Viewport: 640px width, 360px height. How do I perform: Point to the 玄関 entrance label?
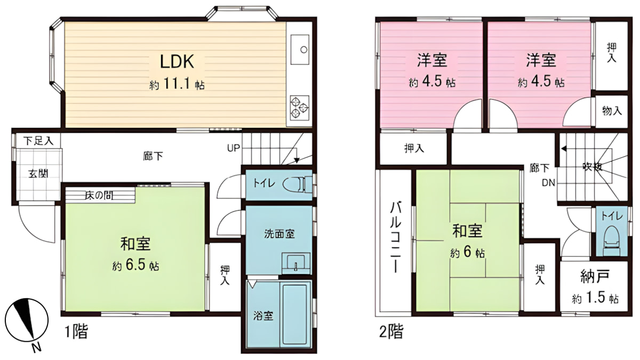click(x=37, y=173)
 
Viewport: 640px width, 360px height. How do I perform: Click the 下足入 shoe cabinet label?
click(x=38, y=141)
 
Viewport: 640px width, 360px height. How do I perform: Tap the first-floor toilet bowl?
click(x=296, y=185)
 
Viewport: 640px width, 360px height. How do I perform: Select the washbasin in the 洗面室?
click(x=295, y=263)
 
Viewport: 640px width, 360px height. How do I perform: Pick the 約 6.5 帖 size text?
click(x=134, y=265)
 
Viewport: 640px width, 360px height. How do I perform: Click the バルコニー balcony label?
click(x=395, y=237)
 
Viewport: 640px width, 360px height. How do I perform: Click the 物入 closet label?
click(x=612, y=111)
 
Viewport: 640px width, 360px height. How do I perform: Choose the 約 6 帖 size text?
click(x=467, y=253)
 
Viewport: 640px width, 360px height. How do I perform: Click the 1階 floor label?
click(x=76, y=332)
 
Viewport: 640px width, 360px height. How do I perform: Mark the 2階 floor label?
click(x=391, y=332)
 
